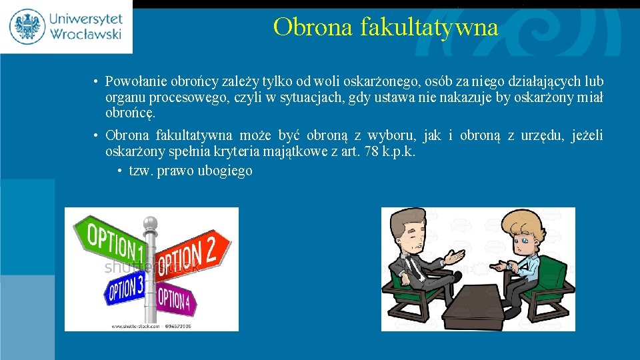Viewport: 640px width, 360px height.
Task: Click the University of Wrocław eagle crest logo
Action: pyautogui.click(x=27, y=26)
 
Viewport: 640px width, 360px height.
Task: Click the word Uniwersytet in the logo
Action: pyautogui.click(x=83, y=17)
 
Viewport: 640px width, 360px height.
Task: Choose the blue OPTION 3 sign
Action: pyautogui.click(x=125, y=288)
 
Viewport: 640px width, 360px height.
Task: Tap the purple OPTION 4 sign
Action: pyautogui.click(x=174, y=299)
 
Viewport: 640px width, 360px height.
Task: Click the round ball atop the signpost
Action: pyautogui.click(x=151, y=223)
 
